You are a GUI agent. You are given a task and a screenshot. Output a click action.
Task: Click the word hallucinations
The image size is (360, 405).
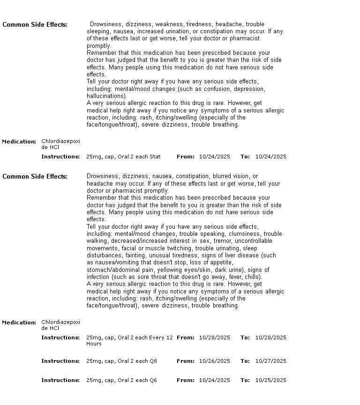click(106, 96)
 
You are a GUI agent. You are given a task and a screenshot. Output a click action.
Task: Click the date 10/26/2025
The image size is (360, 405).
click(214, 361)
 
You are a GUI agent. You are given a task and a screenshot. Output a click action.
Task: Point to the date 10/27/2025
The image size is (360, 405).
click(270, 361)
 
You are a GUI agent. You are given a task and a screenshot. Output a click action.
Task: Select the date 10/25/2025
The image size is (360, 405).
click(270, 380)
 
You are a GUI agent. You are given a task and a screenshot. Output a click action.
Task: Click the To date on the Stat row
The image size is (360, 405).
click(270, 157)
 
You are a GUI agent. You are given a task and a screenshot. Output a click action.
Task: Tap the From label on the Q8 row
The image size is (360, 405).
click(185, 361)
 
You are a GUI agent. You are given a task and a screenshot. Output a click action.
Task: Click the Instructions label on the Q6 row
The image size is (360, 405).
click(60, 380)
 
